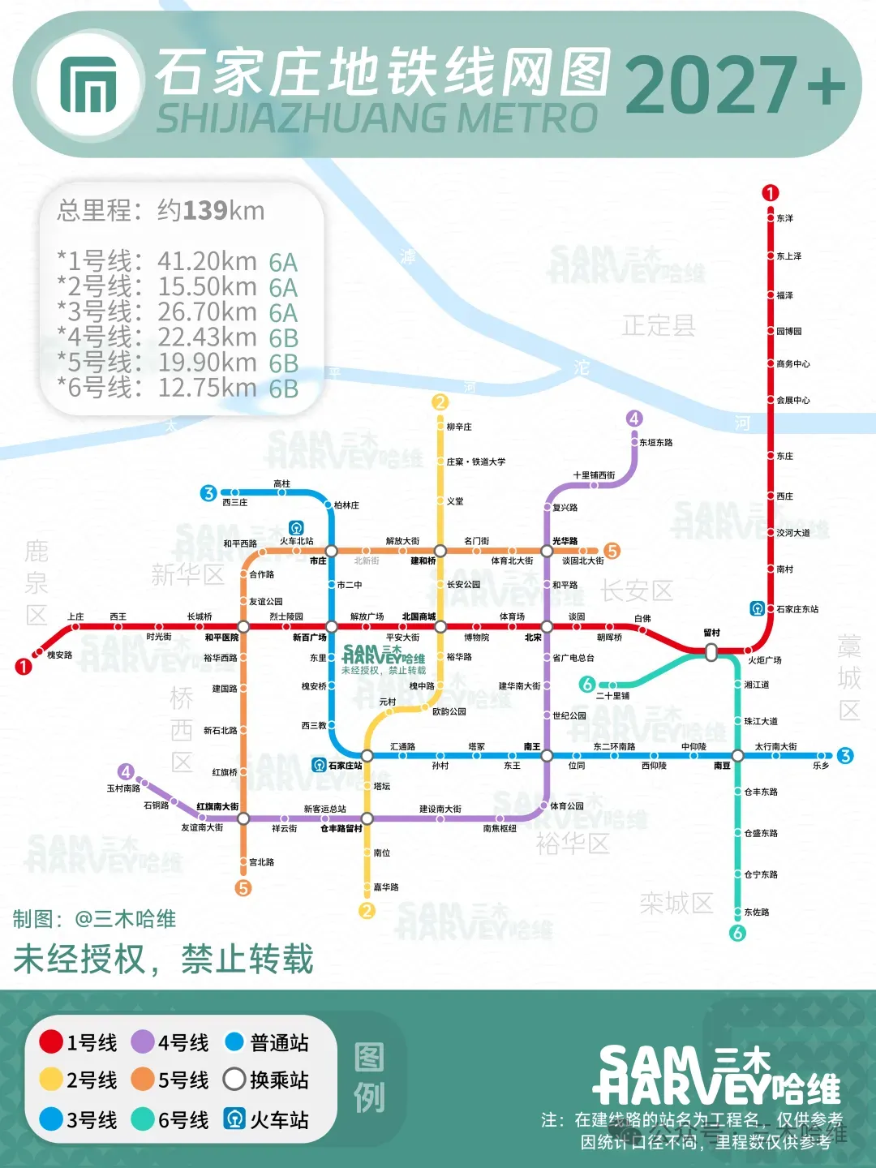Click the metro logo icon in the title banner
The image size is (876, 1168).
click(88, 84)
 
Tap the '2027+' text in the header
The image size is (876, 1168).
click(734, 84)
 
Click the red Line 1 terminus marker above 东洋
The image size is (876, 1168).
click(770, 193)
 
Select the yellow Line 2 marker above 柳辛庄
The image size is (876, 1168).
click(440, 402)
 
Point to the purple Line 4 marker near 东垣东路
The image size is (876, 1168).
click(634, 419)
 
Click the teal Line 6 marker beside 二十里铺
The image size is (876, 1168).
click(588, 685)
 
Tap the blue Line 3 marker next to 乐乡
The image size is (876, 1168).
click(845, 756)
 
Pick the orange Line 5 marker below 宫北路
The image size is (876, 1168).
click(243, 888)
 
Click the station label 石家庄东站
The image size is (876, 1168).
click(797, 609)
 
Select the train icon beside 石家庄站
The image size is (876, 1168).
click(320, 765)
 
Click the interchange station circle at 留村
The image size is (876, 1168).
click(711, 651)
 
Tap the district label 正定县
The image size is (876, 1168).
click(659, 326)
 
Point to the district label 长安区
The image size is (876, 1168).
click(637, 590)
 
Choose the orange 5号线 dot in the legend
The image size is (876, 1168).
click(143, 1080)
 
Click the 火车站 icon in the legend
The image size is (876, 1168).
click(234, 1119)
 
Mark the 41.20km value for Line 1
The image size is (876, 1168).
click(207, 261)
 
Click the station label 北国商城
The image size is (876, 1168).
click(419, 616)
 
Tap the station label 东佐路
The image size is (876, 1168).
click(757, 912)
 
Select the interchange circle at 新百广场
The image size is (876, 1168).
click(332, 627)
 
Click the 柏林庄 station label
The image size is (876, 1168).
click(346, 505)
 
